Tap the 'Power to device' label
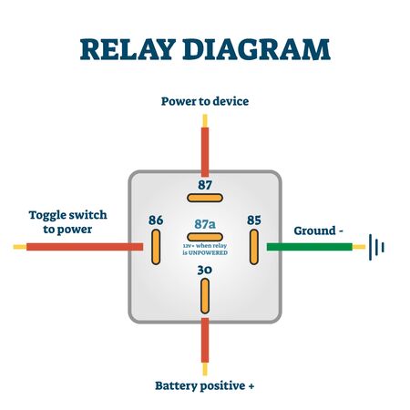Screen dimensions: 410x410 [205, 101]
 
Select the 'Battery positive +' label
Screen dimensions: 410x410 [205, 385]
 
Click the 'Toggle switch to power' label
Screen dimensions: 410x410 [67, 222]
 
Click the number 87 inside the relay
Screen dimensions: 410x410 [205, 184]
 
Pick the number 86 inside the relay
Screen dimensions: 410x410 [157, 220]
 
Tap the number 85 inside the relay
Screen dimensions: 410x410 [253, 220]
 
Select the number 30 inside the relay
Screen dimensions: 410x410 [205, 271]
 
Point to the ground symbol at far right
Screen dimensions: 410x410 [376, 246]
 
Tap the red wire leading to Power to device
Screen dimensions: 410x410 [205, 146]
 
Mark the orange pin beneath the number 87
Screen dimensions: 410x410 [205, 199]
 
